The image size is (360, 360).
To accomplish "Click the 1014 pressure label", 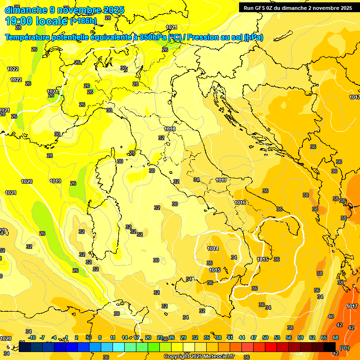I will tap(213, 248).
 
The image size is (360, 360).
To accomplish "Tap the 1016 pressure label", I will tap(240, 202).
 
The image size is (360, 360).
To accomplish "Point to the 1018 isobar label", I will tap(170, 129).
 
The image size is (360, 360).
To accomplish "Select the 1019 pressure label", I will tap(55, 181).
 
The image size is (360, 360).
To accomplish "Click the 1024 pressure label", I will tap(52, 91).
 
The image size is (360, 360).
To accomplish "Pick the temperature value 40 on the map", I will tap(331, 316).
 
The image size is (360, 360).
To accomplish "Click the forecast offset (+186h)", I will tap(83, 21).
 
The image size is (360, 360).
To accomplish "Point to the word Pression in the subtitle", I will tap(203, 37).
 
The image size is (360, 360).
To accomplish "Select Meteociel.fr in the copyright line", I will tap(219, 356).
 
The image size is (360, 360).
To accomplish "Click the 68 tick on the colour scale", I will tap(336, 337).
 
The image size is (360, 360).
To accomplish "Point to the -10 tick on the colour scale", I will tap(32, 337).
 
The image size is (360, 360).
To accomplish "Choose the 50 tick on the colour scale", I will tap(265, 337).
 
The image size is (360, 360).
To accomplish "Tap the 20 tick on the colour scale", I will tap(148, 337).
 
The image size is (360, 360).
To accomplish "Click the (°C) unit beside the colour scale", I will tap(345, 348).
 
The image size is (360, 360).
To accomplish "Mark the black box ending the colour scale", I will tap(330, 347).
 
